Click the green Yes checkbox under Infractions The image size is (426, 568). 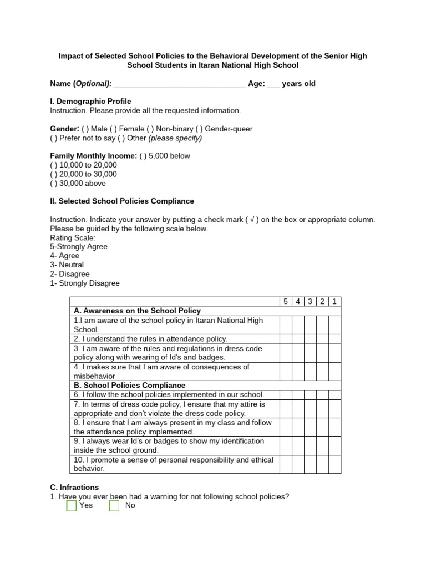[72, 506]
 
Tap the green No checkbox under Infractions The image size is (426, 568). [114, 506]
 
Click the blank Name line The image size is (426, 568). [179, 84]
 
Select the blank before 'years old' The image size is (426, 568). [273, 84]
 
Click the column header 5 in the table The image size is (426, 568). [286, 302]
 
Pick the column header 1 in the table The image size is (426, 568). [334, 302]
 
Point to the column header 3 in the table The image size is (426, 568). [310, 302]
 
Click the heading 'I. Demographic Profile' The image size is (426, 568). [90, 102]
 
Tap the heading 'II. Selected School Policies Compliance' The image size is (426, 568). [122, 201]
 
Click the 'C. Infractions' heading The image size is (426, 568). [74, 488]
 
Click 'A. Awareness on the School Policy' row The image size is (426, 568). [137, 311]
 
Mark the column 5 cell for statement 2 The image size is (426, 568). [286, 339]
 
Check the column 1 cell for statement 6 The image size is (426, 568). [334, 394]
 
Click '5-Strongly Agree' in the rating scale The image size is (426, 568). [79, 246]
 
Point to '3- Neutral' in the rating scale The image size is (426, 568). [67, 265]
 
